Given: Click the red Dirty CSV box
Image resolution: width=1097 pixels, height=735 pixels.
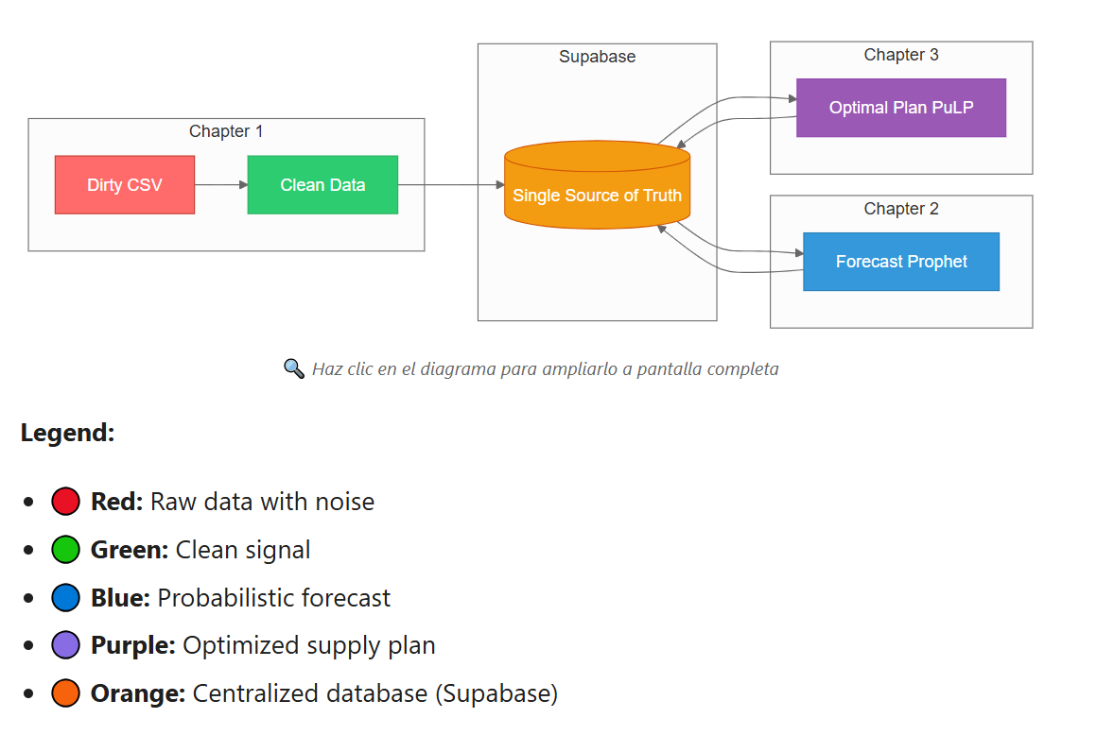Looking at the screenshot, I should click(125, 185).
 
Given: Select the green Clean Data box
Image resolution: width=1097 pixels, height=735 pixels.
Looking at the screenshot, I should click(322, 185).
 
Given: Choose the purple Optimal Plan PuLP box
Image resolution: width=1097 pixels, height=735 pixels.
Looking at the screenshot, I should click(900, 108).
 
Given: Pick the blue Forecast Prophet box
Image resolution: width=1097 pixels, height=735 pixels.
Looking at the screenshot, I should click(900, 262).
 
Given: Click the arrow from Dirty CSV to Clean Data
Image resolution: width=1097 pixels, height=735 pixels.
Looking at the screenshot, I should click(221, 185).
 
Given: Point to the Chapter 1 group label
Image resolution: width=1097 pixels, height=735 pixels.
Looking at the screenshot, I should click(226, 131).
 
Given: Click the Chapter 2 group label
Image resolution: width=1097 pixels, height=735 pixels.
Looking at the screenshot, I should click(901, 209).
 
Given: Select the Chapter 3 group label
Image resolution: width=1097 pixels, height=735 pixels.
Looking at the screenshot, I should click(901, 55).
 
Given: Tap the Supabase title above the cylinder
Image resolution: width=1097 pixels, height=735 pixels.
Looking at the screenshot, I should click(597, 57).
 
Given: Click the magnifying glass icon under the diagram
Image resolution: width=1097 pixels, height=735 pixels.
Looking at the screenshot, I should click(294, 368).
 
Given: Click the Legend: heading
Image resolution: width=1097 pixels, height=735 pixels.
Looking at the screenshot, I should click(67, 434).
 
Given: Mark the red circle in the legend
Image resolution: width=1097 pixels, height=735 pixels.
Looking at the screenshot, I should click(65, 502).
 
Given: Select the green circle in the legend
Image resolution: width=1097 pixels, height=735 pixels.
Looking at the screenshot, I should click(65, 550).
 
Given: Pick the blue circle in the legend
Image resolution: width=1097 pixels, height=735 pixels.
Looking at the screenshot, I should click(65, 598).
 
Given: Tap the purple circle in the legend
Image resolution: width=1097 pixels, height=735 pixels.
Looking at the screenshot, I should click(65, 646).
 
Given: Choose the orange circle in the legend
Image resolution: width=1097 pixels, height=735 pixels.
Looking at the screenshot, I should click(65, 694).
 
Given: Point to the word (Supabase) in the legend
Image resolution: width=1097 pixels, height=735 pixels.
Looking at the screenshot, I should click(496, 694).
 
